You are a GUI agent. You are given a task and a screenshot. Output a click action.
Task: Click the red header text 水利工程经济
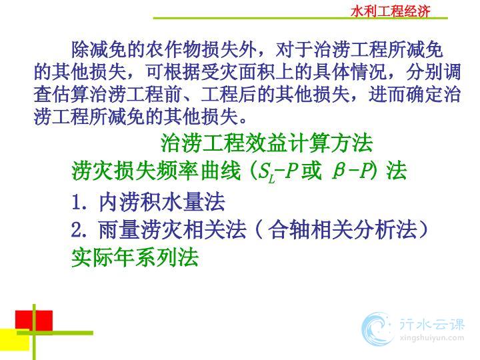pos(390,11)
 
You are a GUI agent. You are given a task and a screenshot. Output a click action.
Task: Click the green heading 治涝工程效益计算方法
pos(267,143)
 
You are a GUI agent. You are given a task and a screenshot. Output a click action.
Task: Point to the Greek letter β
pos(339,171)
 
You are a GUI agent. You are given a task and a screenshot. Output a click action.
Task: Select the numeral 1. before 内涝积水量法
pos(79,203)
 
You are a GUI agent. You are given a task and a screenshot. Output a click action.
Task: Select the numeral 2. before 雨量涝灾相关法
pos(79,230)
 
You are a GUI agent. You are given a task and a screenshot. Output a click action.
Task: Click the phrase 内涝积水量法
pos(162,202)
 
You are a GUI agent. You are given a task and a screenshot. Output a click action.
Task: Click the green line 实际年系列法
pos(135,257)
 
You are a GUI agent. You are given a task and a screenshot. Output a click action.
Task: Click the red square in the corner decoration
pos(34,321)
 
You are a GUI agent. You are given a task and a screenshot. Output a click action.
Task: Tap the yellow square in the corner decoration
pos(15,339)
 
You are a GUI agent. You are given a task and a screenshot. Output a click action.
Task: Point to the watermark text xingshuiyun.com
pos(431,338)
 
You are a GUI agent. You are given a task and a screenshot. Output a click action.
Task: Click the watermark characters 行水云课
pos(431,324)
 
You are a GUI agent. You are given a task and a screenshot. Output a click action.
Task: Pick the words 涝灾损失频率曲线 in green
pos(156,171)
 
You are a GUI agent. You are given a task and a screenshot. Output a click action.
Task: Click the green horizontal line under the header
pos(300,19)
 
